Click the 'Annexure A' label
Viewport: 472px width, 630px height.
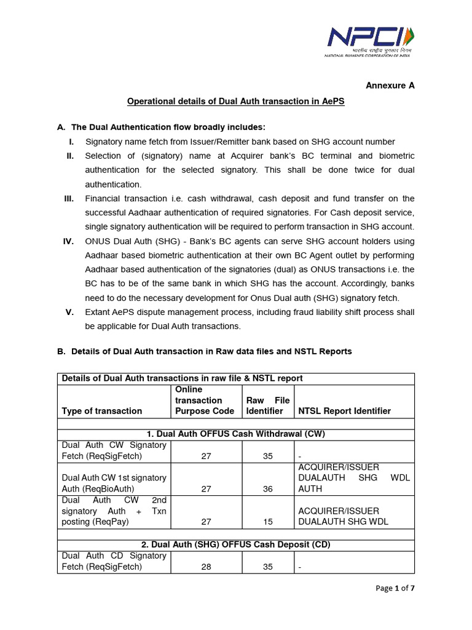pyautogui.click(x=390, y=86)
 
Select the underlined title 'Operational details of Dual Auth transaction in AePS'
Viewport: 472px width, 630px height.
pyautogui.click(x=235, y=101)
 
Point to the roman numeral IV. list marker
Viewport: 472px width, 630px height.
pyautogui.click(x=68, y=241)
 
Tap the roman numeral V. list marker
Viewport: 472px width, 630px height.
pyautogui.click(x=70, y=312)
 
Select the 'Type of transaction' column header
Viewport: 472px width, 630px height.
pyautogui.click(x=101, y=411)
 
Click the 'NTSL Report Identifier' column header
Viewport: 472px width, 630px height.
pyautogui.click(x=344, y=411)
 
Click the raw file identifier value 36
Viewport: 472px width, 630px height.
pyautogui.click(x=267, y=488)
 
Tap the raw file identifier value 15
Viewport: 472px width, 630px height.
pyautogui.click(x=267, y=522)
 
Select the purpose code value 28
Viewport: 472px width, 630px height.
pyautogui.click(x=206, y=567)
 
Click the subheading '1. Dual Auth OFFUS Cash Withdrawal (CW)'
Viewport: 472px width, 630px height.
pyautogui.click(x=235, y=434)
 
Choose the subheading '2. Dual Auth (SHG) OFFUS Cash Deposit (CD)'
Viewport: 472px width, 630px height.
pyautogui.click(x=235, y=545)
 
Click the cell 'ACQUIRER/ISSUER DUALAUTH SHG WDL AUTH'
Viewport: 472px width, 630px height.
pyautogui.click(x=353, y=478)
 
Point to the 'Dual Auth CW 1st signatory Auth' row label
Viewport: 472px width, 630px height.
pyautogui.click(x=114, y=483)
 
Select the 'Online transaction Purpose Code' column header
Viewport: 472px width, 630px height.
pyautogui.click(x=205, y=400)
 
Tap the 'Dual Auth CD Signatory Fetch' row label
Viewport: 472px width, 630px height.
pyautogui.click(x=114, y=561)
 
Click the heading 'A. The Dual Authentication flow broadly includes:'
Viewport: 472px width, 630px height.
pyautogui.click(x=162, y=127)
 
